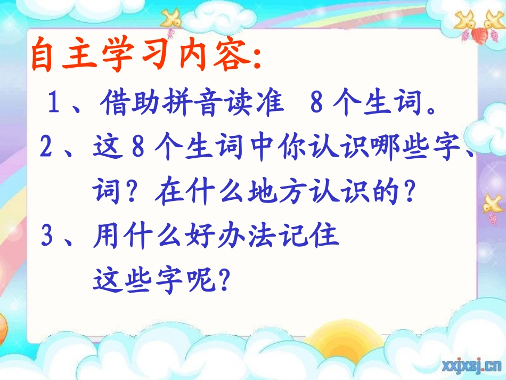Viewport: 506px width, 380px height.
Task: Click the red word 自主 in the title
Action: [64, 55]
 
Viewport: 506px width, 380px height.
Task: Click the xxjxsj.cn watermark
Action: [471, 366]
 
